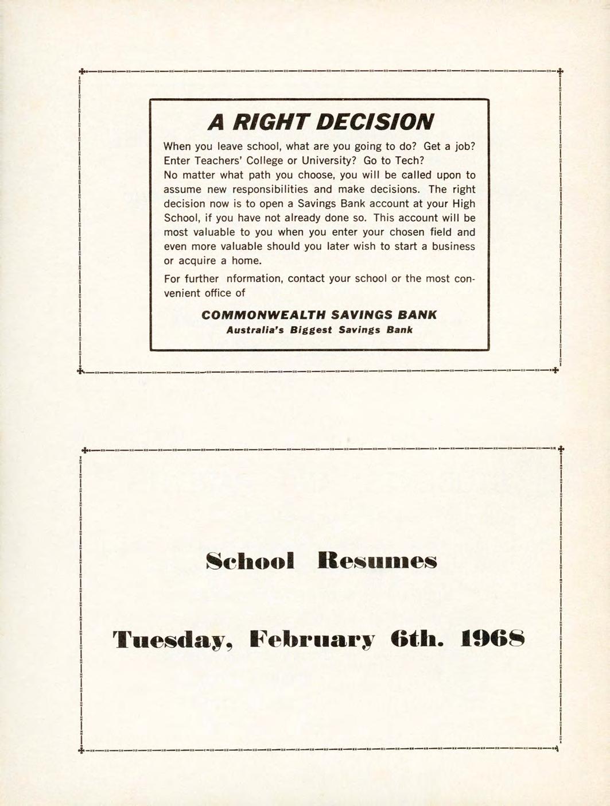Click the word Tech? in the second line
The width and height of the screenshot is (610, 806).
click(409, 161)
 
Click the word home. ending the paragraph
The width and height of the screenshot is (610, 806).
click(246, 261)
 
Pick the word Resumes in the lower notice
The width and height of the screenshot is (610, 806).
click(377, 561)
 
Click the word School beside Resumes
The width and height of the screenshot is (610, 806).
click(250, 561)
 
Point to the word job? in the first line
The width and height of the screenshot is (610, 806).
click(463, 146)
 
